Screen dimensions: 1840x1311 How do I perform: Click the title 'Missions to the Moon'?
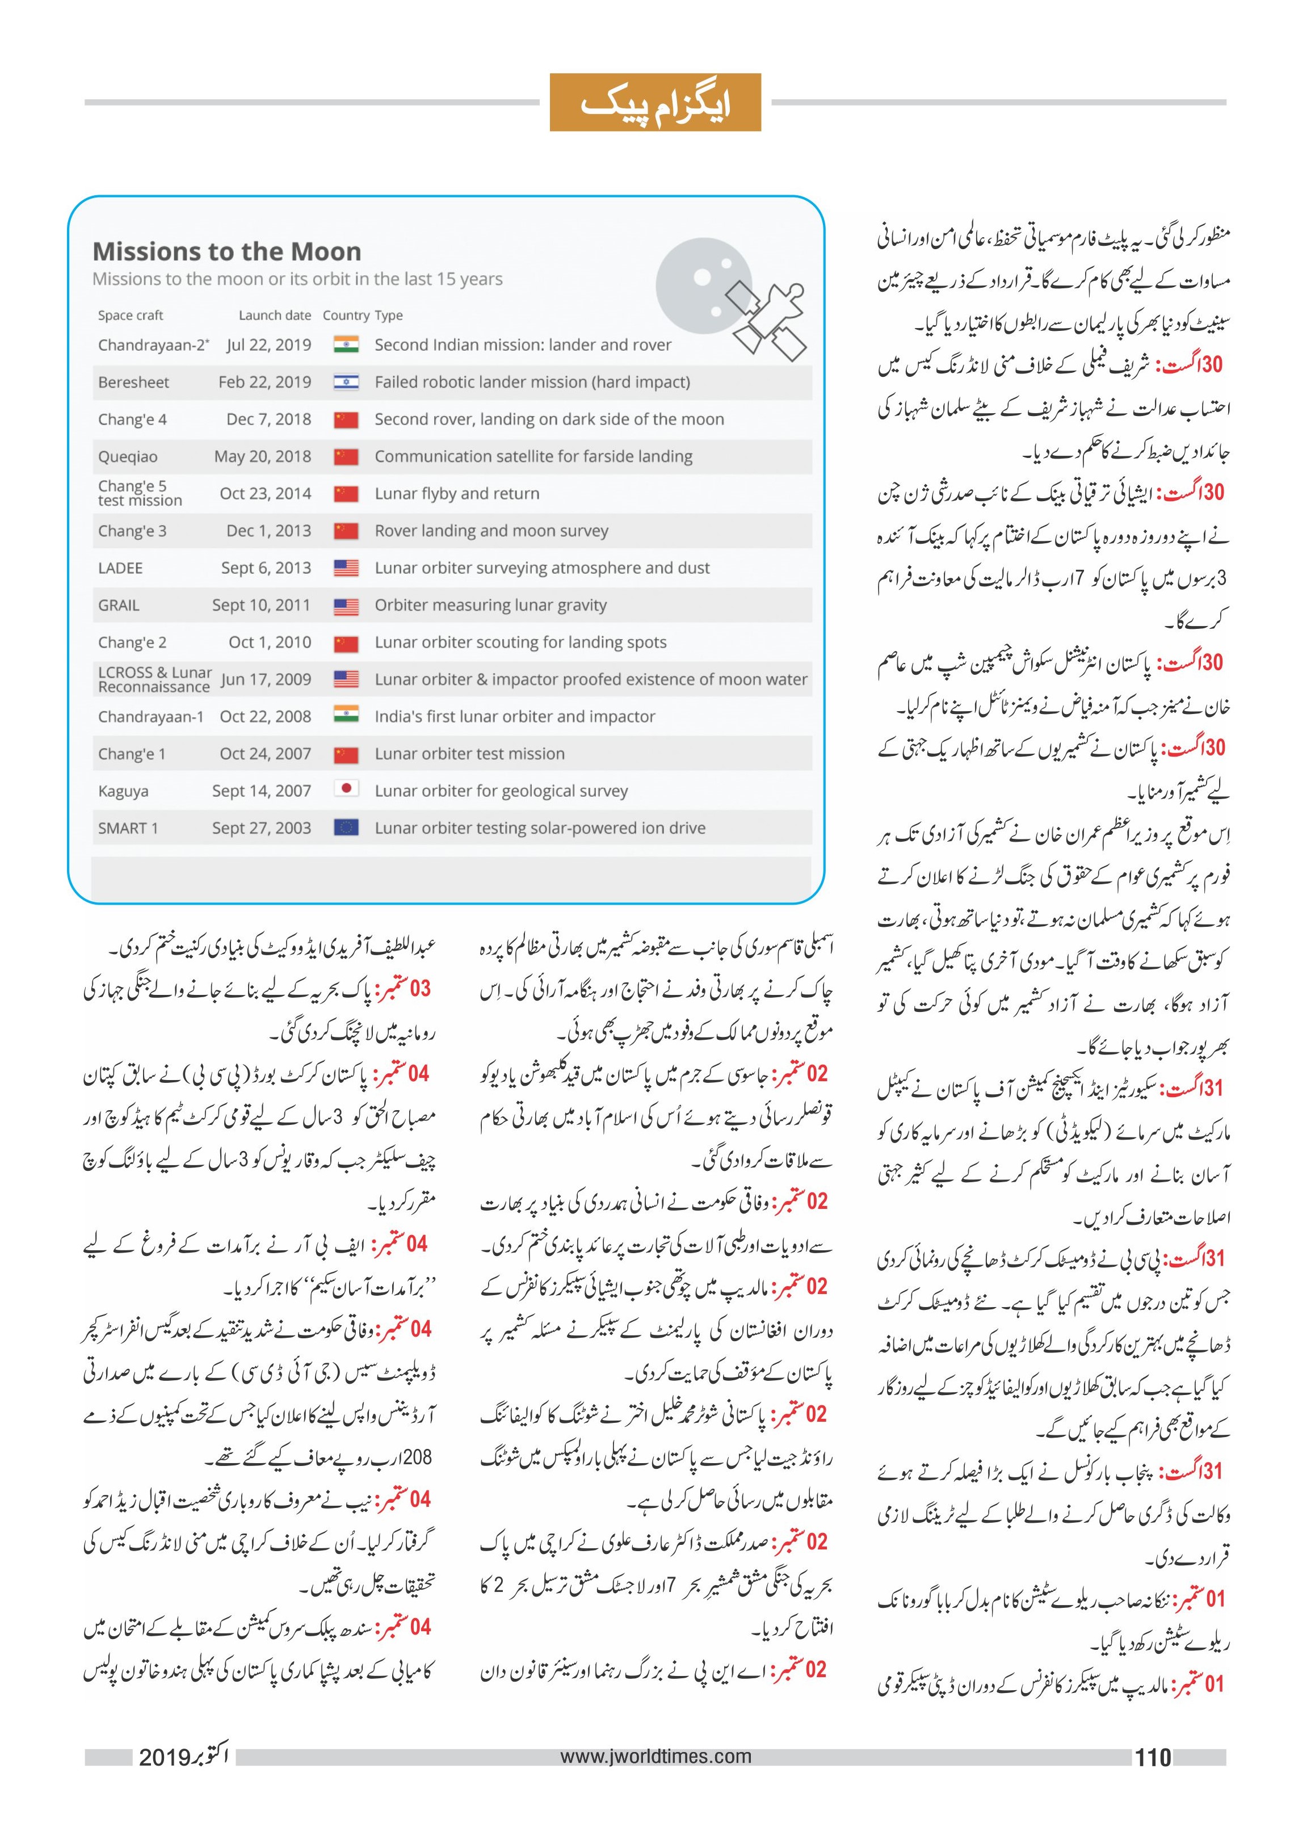[x=227, y=251]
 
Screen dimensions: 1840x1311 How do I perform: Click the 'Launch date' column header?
[x=275, y=315]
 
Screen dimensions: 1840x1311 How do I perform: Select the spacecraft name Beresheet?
[x=133, y=382]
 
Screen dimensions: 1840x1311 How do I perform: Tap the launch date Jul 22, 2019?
[x=269, y=345]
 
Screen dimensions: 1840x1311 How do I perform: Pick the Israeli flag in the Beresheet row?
[x=346, y=382]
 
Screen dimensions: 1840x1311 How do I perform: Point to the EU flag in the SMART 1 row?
[x=346, y=827]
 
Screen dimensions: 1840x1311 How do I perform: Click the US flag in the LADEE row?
[x=346, y=568]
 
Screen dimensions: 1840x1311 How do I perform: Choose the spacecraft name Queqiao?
[x=128, y=456]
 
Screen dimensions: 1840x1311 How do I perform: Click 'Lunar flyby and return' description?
[x=457, y=493]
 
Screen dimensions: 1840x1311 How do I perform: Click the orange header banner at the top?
[x=655, y=103]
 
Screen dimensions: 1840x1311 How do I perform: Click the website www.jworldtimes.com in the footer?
[x=655, y=1756]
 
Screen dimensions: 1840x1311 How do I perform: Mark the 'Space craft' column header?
[x=131, y=315]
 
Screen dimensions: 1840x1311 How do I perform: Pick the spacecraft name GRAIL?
[x=119, y=604]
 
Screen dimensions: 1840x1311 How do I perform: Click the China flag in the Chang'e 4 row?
[x=346, y=419]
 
